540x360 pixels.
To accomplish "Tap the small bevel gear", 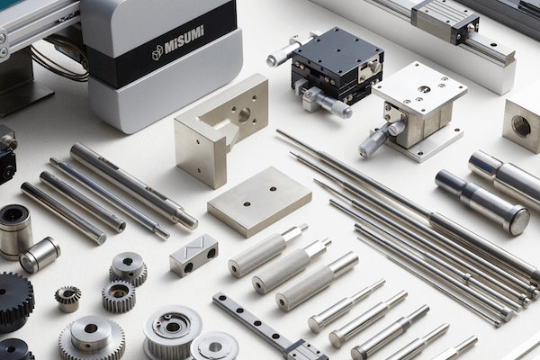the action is [x=67, y=299].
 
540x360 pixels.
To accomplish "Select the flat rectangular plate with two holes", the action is [x=260, y=202].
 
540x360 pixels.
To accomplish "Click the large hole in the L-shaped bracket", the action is [x=244, y=115].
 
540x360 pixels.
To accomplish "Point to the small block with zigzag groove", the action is [x=193, y=254].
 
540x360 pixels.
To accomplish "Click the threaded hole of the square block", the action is [x=521, y=126].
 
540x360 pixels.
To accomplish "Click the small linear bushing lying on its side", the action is [x=40, y=254].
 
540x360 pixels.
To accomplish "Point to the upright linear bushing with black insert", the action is [x=15, y=230].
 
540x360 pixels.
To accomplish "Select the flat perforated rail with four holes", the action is [x=255, y=319].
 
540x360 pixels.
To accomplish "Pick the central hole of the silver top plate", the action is [x=424, y=90].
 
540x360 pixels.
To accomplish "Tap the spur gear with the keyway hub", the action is [x=129, y=268].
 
